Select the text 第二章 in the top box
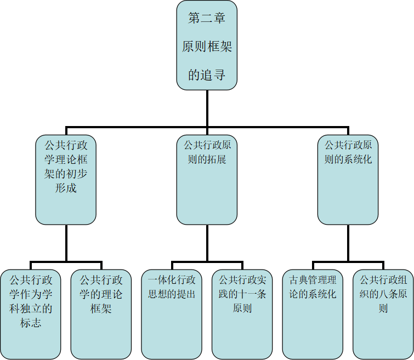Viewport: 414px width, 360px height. click(x=207, y=19)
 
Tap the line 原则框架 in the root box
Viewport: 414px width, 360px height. click(x=207, y=47)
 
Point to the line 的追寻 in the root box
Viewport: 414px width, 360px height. click(x=207, y=75)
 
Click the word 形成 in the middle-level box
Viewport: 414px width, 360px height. click(x=66, y=188)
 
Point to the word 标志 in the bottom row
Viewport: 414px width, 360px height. click(x=31, y=323)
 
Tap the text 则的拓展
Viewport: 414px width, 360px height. click(x=207, y=160)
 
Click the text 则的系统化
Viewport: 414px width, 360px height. click(x=348, y=160)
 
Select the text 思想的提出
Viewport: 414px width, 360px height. click(x=172, y=294)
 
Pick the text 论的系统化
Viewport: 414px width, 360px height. click(x=313, y=294)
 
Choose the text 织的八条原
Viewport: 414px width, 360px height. click(x=383, y=294)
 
